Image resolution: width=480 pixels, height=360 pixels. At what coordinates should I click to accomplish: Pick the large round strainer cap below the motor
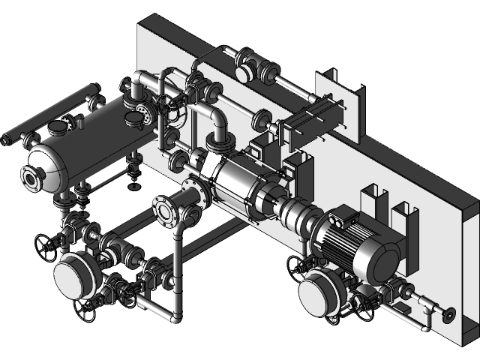click(x=318, y=292)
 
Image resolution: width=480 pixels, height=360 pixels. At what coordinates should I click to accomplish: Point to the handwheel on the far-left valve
click(x=44, y=244)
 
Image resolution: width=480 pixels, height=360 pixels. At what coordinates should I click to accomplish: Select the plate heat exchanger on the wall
click(x=307, y=123)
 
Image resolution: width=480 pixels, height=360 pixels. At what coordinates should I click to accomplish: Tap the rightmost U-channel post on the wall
click(x=405, y=217)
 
